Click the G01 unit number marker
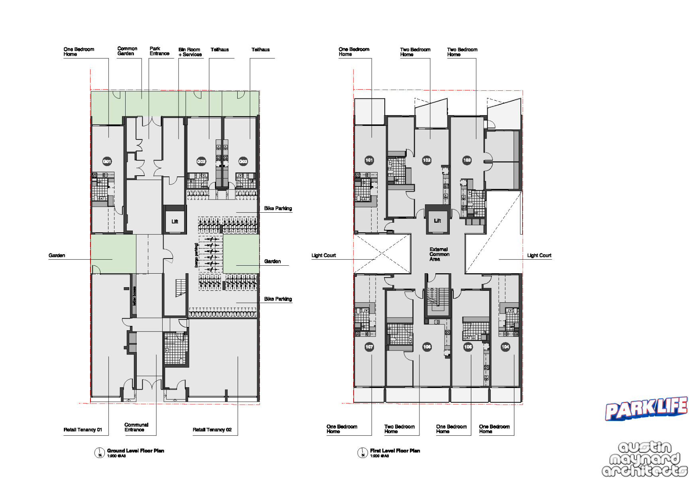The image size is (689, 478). click(107, 161)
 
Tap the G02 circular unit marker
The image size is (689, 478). click(201, 161)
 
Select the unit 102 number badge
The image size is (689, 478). click(427, 160)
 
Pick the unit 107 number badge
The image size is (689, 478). click(369, 347)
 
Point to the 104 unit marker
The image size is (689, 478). click(505, 347)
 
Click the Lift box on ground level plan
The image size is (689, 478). click(175, 221)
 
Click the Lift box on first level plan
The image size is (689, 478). click(437, 221)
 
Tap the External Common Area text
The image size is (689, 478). click(439, 254)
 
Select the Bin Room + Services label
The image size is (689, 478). click(190, 52)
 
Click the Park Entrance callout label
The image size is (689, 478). click(159, 51)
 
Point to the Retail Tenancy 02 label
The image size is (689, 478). click(212, 429)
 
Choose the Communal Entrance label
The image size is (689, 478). click(136, 427)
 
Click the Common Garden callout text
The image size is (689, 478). click(127, 51)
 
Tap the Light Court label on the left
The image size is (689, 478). click(323, 255)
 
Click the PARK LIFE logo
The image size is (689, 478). click(646, 409)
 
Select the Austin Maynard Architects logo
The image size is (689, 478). click(644, 459)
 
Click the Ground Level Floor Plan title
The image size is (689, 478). click(136, 451)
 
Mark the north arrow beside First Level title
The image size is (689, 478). click(362, 453)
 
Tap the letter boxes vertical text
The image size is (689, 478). click(134, 296)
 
